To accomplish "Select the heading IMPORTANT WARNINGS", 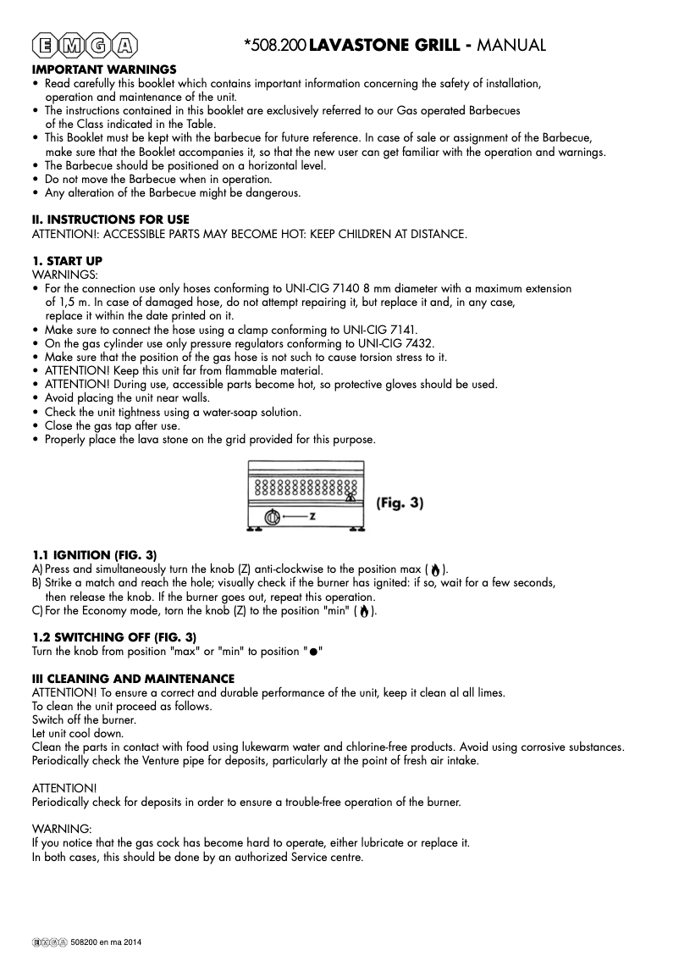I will coord(104,69).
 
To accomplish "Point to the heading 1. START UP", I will coord(67,260).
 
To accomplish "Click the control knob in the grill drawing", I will coord(272,517).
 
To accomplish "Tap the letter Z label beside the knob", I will coord(312,517).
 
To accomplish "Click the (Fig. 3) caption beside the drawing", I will coord(400,503).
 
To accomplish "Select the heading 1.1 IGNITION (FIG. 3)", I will coord(94,554).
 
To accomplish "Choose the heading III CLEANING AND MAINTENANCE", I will coord(133,679).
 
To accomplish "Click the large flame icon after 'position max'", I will coord(435,569).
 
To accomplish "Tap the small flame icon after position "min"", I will coord(363,611).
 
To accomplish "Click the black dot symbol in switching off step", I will coord(313,652).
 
